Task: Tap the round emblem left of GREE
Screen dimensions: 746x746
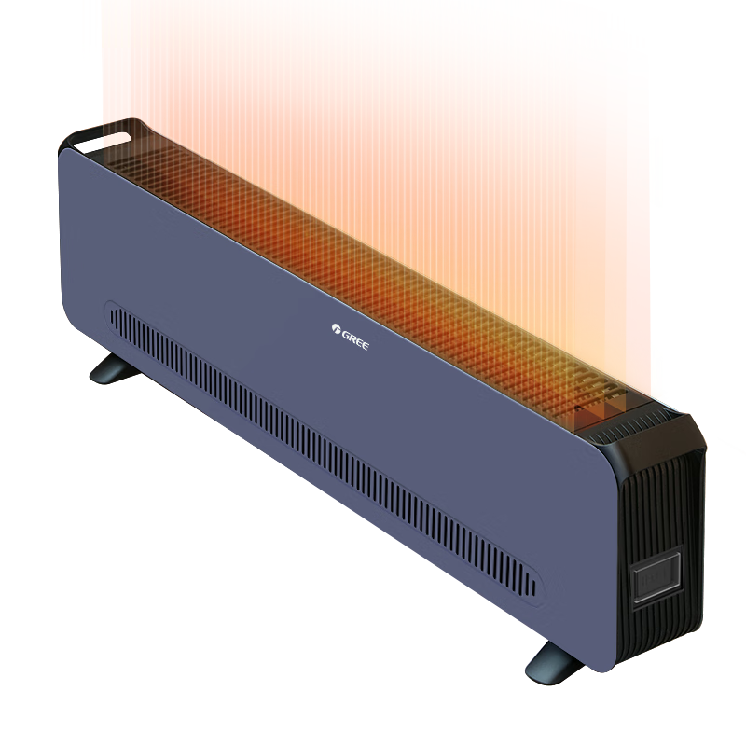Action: pos(336,328)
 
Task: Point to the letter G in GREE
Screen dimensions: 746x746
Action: pos(345,335)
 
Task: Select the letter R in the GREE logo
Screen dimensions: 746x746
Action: pos(352,338)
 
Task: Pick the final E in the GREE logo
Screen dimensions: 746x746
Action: pos(365,345)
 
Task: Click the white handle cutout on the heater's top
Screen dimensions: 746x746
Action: pos(103,143)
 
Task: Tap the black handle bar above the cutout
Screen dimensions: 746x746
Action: pos(103,128)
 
